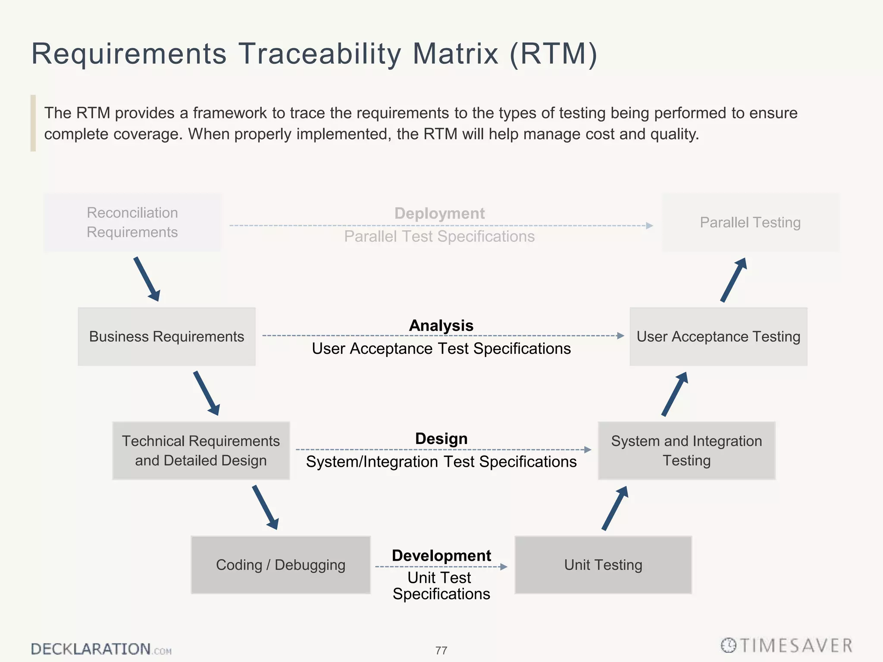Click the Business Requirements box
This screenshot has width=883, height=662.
[x=166, y=337]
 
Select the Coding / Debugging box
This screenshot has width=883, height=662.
[x=281, y=565]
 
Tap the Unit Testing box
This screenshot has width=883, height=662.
[x=603, y=565]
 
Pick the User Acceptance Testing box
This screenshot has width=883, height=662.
[x=718, y=337]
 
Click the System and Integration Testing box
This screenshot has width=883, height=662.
[x=686, y=451]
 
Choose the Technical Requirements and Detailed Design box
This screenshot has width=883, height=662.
[x=201, y=451]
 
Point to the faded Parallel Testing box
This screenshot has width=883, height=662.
[x=750, y=222]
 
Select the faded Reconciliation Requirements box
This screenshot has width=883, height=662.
[x=132, y=222]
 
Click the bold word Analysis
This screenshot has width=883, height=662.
[x=441, y=325]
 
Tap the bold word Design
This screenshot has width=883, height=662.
[x=441, y=439]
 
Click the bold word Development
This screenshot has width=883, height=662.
[x=441, y=556]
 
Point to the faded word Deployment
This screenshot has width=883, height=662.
[x=439, y=213]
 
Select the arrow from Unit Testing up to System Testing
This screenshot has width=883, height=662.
[x=615, y=508]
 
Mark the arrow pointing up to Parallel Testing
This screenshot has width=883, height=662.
[x=733, y=280]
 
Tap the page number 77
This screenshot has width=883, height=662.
[x=441, y=650]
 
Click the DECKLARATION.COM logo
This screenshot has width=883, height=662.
[x=101, y=649]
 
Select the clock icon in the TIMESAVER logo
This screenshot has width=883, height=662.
[x=729, y=645]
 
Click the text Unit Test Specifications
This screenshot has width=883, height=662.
[x=441, y=586]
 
